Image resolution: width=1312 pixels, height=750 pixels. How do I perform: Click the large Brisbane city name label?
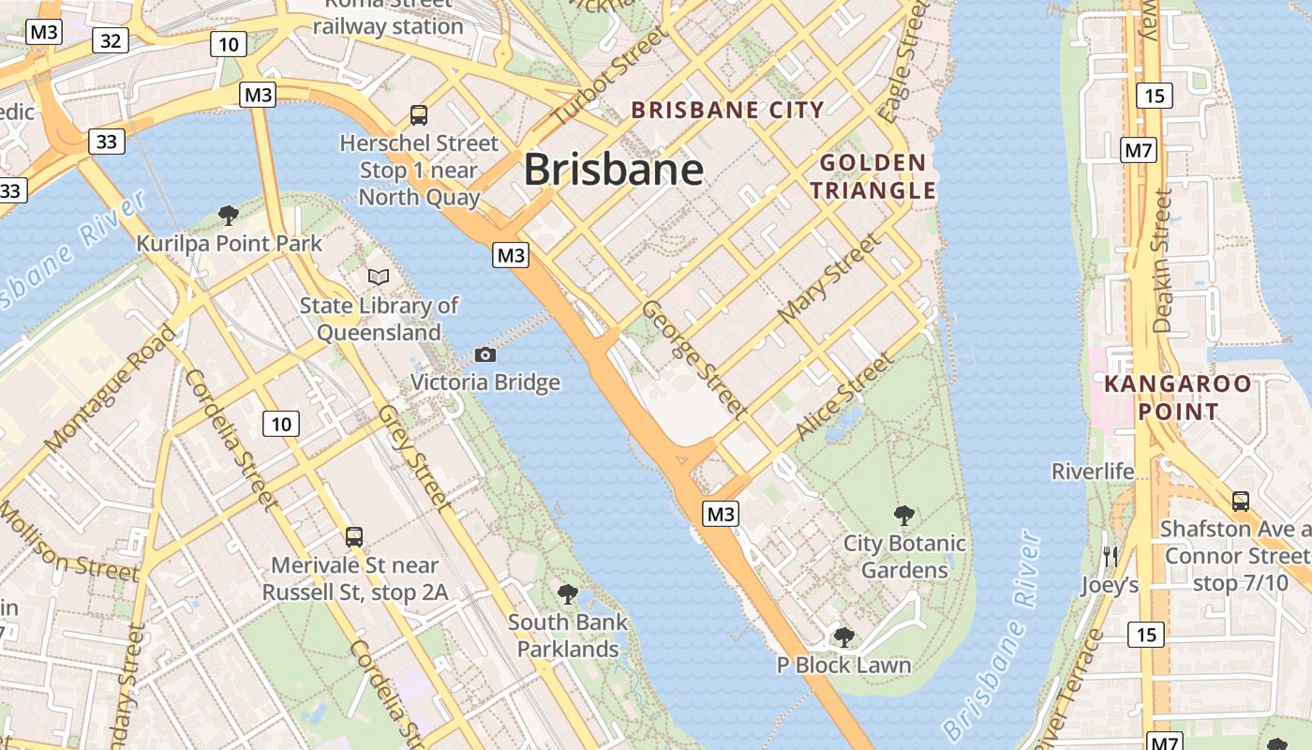click(x=613, y=170)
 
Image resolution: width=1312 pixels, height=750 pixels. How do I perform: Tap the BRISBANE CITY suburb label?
click(x=727, y=110)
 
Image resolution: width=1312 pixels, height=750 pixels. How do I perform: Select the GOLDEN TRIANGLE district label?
click(x=872, y=176)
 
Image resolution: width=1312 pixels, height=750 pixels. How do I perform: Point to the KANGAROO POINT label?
click(x=1177, y=397)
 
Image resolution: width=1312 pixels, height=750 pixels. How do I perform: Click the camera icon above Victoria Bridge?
click(x=485, y=354)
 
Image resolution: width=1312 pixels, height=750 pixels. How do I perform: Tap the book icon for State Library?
click(x=379, y=277)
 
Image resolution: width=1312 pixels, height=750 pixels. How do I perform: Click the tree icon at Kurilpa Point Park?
click(x=228, y=216)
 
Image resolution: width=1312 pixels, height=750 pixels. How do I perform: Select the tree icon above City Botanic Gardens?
click(x=903, y=515)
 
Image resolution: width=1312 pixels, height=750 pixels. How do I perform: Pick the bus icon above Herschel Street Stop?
click(x=419, y=115)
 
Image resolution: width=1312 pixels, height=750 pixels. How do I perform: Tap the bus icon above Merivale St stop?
click(x=354, y=537)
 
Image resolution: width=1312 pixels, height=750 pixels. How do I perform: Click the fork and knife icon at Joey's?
click(x=1110, y=557)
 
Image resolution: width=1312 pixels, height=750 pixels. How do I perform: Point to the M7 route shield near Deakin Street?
click(x=1139, y=149)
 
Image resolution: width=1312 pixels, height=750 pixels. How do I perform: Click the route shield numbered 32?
click(x=111, y=40)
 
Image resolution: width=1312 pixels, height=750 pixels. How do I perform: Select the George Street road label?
click(x=694, y=359)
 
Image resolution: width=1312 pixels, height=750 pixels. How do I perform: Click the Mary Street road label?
click(x=830, y=278)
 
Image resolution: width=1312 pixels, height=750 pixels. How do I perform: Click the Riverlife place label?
click(x=1093, y=471)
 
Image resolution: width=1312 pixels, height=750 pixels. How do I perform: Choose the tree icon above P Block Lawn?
click(x=843, y=637)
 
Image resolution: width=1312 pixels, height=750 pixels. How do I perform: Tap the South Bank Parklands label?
click(x=568, y=635)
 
